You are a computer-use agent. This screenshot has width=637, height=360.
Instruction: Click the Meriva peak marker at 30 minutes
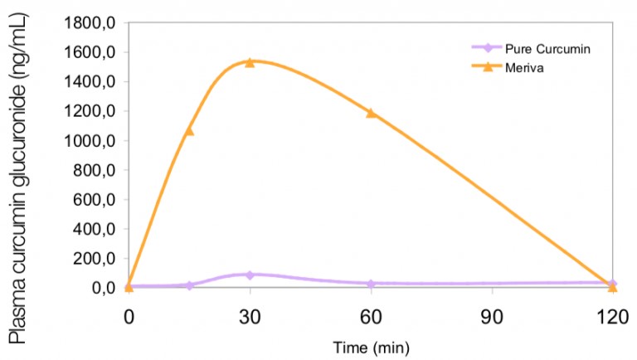click(x=249, y=62)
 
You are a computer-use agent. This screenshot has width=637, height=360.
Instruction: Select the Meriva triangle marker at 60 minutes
click(x=371, y=113)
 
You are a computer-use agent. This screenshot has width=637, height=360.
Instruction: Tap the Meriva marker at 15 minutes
click(x=189, y=130)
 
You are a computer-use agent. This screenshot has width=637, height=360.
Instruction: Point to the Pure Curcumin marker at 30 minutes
click(x=249, y=275)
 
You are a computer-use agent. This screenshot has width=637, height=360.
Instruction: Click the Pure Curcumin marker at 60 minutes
click(x=371, y=284)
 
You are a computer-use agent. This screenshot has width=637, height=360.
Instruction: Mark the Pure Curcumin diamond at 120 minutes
click(x=613, y=284)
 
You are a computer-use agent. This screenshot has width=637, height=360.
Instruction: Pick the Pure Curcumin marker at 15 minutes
click(x=189, y=285)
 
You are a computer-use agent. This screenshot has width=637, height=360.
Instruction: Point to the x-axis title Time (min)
click(x=371, y=345)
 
